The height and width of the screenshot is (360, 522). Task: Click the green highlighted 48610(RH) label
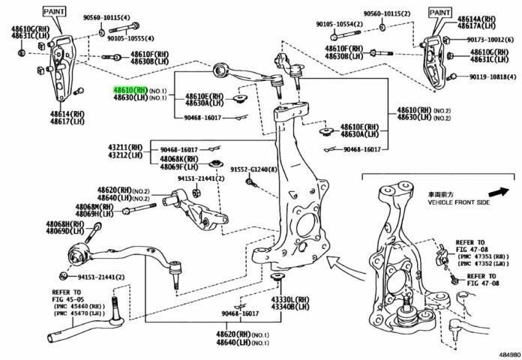[x=130, y=89]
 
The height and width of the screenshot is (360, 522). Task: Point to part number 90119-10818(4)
[x=493, y=76]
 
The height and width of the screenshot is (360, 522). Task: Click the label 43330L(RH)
[x=293, y=299]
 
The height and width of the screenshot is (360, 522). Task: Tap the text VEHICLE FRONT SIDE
[x=458, y=202]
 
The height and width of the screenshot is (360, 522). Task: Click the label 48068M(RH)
[x=93, y=206]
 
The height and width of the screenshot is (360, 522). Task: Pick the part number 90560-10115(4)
[x=106, y=16]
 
